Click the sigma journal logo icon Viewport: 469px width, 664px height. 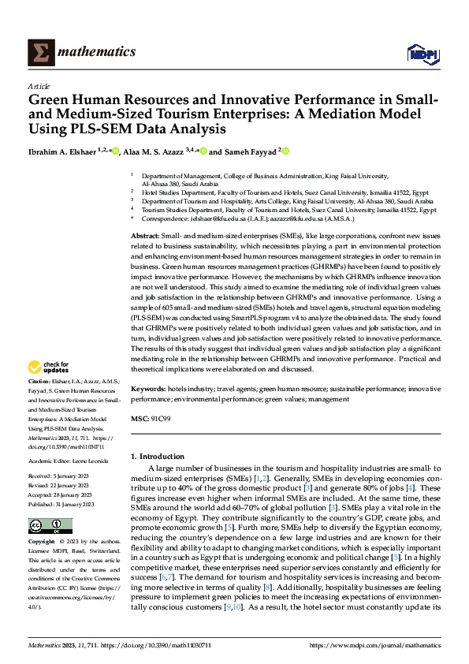39,52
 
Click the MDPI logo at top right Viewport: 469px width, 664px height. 421,53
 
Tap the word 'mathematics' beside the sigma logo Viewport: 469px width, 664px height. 98,52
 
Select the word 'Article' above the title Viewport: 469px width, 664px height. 39,87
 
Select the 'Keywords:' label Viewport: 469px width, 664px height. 147,389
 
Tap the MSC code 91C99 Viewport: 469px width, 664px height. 159,418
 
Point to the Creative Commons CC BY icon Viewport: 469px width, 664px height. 45,525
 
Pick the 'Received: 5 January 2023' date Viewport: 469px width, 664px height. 61,477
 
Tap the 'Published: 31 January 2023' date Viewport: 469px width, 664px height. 61,503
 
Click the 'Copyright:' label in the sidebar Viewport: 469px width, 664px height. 43,543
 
